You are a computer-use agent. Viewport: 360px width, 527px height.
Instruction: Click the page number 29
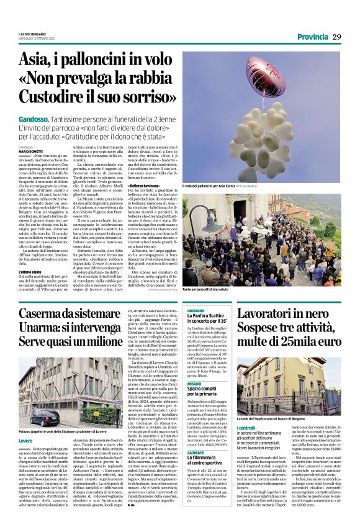(337, 37)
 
